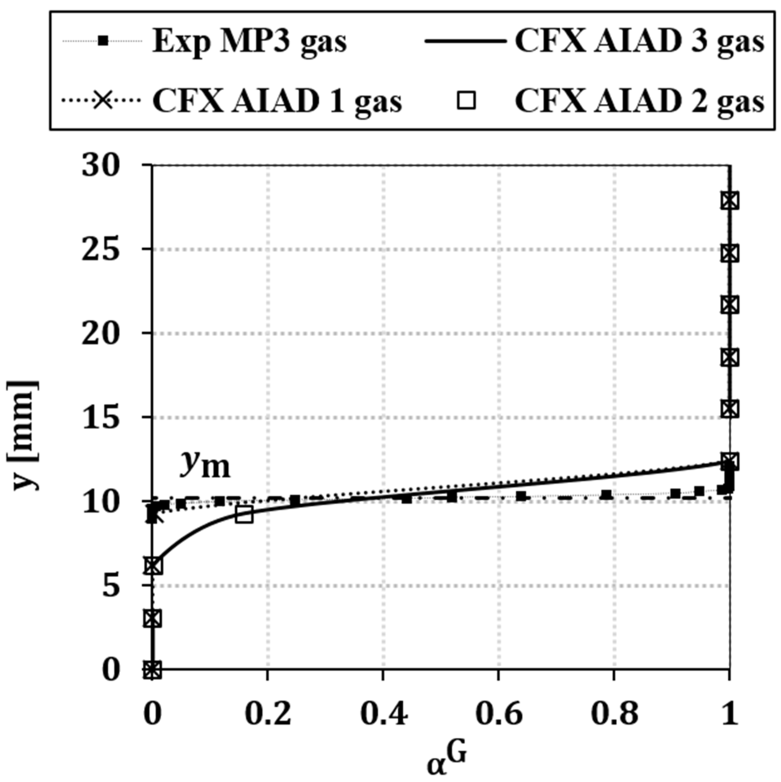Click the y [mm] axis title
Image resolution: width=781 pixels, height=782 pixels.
click(24, 435)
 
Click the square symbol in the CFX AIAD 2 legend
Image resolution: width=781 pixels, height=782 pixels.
click(466, 101)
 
